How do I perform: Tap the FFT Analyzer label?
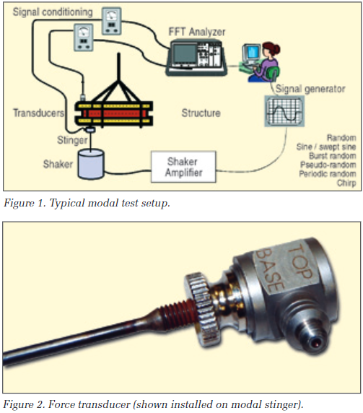pos(196,32)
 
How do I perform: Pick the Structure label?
pos(201,113)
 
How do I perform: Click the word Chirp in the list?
pos(344,184)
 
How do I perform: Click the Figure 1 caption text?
pos(87,204)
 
